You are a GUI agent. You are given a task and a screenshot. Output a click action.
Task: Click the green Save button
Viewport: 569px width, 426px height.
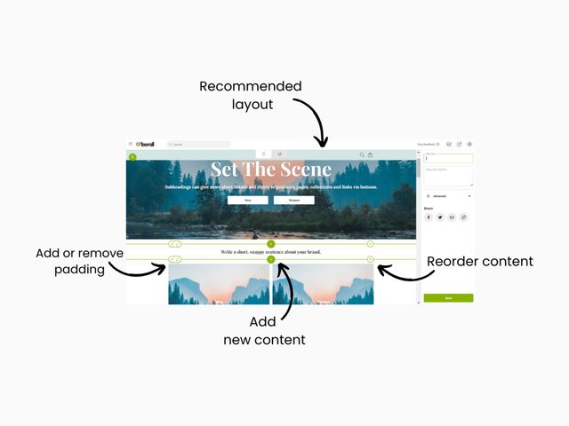coord(448,298)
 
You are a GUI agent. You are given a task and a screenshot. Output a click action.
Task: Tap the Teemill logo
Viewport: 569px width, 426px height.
coord(145,144)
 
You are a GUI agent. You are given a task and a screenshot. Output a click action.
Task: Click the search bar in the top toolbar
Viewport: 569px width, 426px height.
coord(198,144)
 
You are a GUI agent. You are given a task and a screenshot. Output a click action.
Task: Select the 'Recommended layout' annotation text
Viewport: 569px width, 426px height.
coord(250,95)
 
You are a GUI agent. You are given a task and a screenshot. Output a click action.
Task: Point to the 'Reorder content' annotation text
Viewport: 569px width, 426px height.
coord(480,261)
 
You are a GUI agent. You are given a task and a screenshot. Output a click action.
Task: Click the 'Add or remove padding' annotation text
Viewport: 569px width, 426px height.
coord(79,261)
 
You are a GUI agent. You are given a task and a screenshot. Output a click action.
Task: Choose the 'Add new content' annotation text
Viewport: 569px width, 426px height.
coord(264,332)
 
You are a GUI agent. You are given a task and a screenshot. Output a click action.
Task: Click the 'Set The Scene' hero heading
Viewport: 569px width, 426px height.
coord(270,170)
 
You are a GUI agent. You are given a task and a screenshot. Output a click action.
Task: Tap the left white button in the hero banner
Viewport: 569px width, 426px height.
coord(247,201)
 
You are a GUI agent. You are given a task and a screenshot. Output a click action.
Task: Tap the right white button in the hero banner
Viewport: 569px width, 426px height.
coord(293,201)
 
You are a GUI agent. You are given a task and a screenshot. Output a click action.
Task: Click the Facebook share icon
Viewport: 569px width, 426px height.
coord(429,217)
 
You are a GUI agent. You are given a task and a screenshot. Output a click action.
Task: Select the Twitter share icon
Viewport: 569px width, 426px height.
coord(440,217)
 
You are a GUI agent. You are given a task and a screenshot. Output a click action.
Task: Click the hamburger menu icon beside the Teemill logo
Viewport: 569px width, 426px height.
coord(131,144)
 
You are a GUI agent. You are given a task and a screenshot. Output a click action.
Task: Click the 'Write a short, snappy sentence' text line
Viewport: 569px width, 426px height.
coord(270,252)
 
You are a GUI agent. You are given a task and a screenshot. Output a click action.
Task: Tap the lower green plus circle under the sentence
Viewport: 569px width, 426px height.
coord(271,259)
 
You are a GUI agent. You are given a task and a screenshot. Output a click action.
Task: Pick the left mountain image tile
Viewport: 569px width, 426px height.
coord(219,283)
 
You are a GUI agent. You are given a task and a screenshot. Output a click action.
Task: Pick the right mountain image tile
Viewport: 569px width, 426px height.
coord(323,283)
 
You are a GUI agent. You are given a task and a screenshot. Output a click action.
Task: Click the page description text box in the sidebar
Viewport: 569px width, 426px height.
coord(448,176)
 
